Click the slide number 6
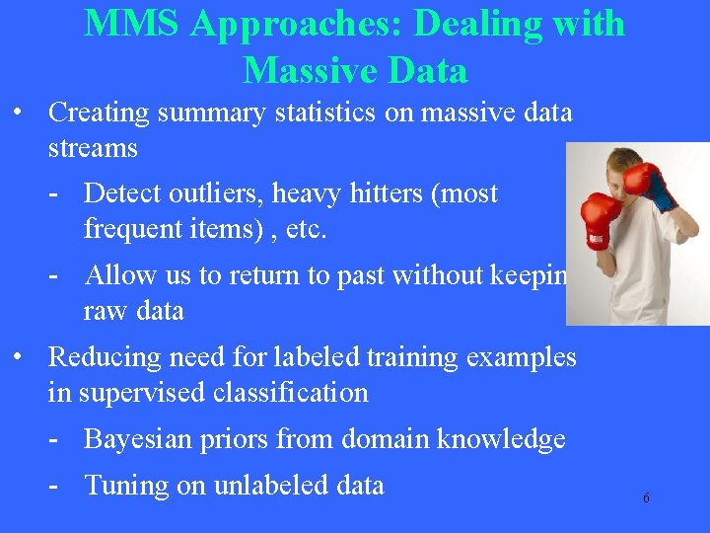click(x=646, y=498)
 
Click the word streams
click(x=93, y=148)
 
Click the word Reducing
click(x=107, y=356)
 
